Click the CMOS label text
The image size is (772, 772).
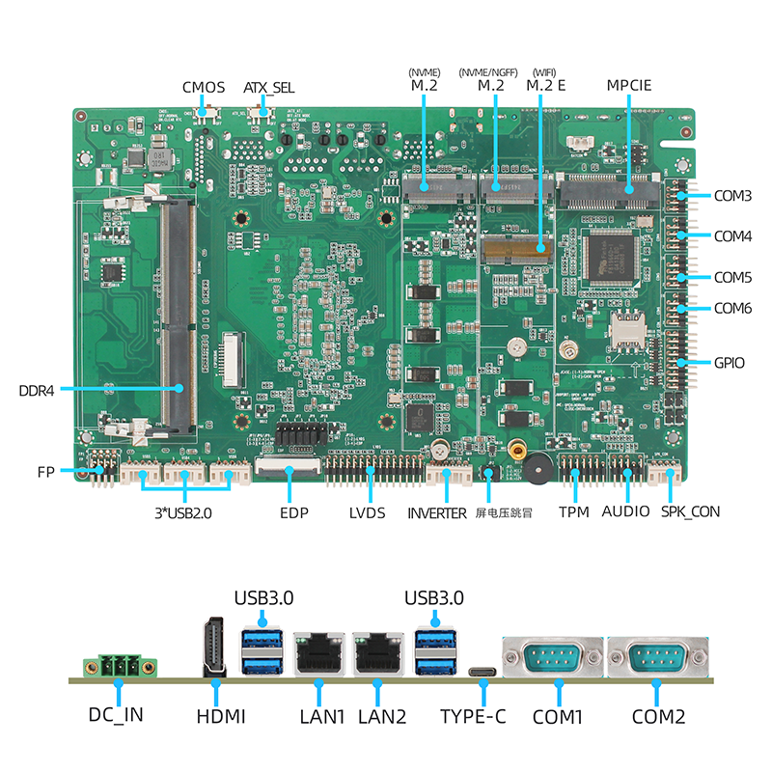pos(204,88)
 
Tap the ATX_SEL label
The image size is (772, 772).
pos(268,88)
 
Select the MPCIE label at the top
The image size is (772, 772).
pos(629,85)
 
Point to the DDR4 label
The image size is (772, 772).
pos(37,390)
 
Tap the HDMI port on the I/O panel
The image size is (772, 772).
pos(215,648)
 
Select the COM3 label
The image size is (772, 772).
pos(733,195)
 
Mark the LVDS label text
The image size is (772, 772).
pos(368,512)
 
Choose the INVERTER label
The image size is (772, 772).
pos(436,512)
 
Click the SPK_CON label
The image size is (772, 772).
pos(690,511)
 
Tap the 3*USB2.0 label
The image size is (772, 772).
pos(182,512)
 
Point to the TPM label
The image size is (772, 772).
pos(573,511)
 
